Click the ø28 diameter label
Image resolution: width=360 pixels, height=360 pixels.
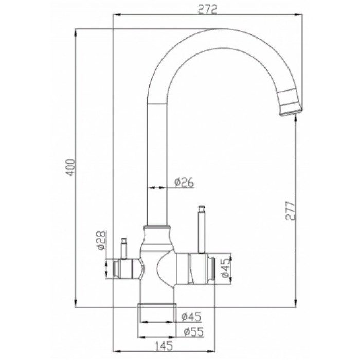click(101, 241)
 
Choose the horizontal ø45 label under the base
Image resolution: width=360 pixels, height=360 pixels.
click(191, 317)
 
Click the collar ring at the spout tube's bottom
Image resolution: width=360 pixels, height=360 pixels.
click(157, 227)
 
